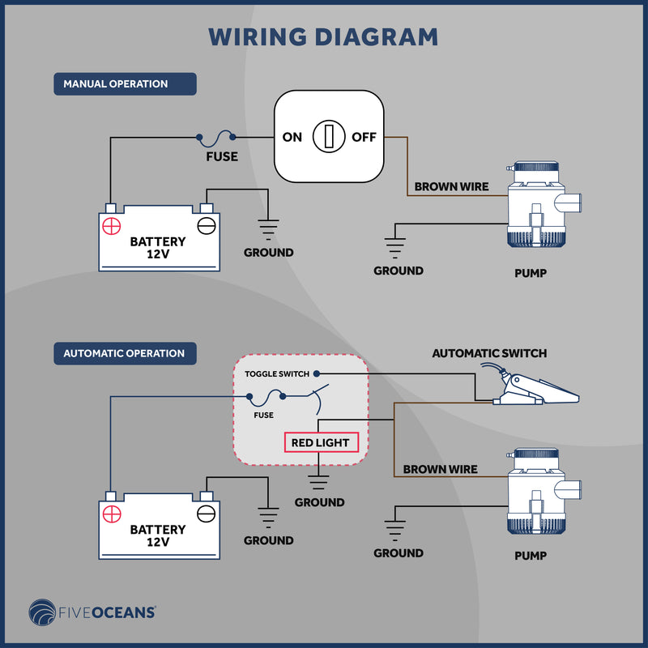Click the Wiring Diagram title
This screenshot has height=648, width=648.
pos(323,36)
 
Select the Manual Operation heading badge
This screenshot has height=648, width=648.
pos(125,84)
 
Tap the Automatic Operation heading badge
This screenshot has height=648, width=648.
pos(125,353)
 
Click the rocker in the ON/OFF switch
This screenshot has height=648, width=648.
pos(329,136)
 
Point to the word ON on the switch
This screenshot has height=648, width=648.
pos(292,137)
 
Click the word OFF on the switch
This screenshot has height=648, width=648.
pos(364,137)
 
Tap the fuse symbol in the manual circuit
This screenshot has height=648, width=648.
pos(215,138)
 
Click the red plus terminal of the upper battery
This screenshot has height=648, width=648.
pos(112,226)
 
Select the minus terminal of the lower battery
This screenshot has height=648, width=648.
pos(207,514)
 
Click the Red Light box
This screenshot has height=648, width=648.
pos(321,442)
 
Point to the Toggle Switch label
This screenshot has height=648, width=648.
pos(277,374)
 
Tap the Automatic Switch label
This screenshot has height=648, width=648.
pos(489,353)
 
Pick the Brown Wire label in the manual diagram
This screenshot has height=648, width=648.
pos(451,187)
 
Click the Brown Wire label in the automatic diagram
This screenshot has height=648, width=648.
pos(440,470)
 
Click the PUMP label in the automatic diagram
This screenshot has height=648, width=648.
pos(531,556)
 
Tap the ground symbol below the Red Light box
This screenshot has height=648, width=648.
pos(318,482)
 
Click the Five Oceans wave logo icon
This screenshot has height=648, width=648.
pos(42,612)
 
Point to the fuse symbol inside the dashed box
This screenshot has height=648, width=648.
pos(266,398)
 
